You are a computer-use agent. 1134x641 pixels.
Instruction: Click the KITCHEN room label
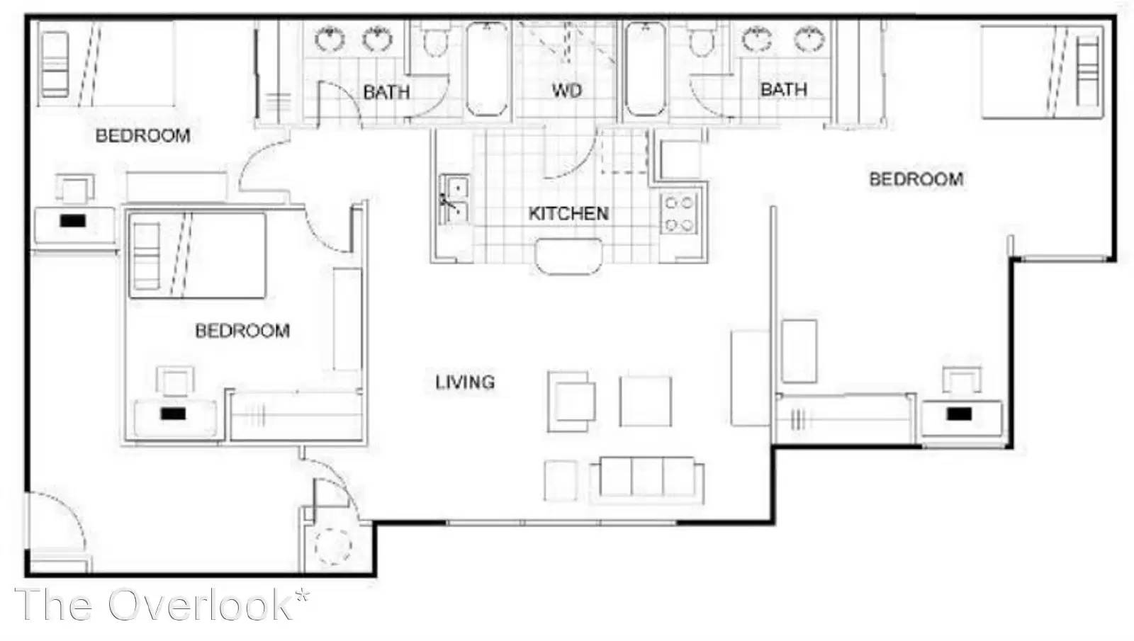tap(568, 214)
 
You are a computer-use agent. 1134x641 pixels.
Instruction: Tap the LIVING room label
tap(465, 382)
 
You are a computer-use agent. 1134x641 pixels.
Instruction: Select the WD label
tap(567, 91)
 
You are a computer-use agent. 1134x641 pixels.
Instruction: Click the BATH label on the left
tap(386, 92)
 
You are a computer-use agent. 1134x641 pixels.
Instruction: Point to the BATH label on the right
tap(784, 89)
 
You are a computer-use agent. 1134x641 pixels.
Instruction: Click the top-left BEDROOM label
tap(142, 135)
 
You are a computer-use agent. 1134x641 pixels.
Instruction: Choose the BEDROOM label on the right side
tap(916, 179)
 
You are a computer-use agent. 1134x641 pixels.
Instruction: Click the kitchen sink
tap(454, 199)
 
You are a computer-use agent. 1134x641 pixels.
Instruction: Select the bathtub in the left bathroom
tap(487, 69)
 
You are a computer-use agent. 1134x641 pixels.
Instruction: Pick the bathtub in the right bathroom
tap(646, 69)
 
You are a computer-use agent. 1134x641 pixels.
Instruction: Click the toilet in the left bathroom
tap(436, 38)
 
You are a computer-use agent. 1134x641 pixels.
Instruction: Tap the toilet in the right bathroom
tap(702, 38)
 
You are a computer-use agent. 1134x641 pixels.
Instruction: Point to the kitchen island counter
tap(568, 256)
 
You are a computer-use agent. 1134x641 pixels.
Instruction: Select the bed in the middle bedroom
tap(198, 256)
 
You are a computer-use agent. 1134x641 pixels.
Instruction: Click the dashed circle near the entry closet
tap(332, 546)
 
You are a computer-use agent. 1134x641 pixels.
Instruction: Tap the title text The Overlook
tap(162, 605)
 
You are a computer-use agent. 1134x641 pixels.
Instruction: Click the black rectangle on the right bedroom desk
tap(960, 414)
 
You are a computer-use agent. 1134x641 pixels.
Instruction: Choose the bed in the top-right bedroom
tap(1042, 72)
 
